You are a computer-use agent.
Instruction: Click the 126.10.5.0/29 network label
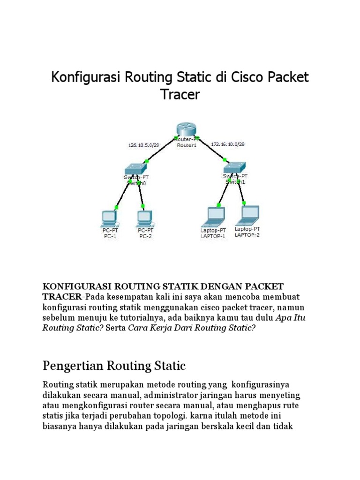[144, 146]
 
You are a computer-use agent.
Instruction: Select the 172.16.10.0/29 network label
[228, 144]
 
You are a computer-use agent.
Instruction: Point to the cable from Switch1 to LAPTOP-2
[241, 192]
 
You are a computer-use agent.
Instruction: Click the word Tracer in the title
[180, 94]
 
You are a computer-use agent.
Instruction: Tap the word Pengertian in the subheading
[72, 365]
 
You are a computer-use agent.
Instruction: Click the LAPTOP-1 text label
[213, 236]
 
